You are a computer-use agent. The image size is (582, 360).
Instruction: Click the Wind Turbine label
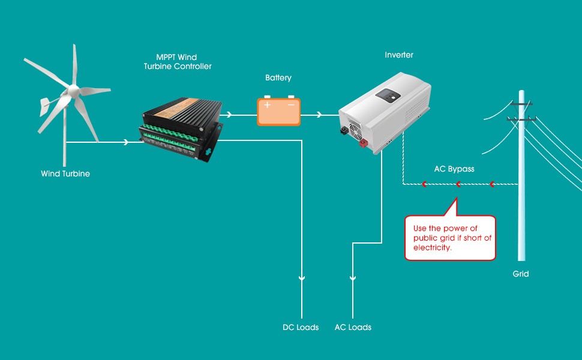coord(65,174)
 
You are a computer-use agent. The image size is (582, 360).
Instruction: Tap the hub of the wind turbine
coord(73,92)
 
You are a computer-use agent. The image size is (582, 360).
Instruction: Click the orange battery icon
coord(279,111)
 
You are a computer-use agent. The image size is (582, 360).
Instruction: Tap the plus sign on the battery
coord(268,105)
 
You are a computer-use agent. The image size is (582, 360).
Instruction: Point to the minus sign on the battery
coord(291,105)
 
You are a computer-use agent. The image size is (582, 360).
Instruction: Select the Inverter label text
coord(399,55)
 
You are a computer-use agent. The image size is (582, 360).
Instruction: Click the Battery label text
coord(278,78)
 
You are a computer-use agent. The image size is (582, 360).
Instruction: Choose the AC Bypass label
coord(454,169)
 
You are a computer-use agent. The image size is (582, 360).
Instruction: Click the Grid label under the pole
coord(521,274)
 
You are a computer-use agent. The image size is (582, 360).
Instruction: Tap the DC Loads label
coord(301,328)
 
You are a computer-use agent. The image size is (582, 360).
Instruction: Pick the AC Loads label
coord(353,328)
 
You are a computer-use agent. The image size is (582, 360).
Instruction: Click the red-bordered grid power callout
coord(450,237)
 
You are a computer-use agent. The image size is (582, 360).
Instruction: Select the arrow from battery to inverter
coord(319,114)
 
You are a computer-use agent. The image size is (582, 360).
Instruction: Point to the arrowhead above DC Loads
coord(302,279)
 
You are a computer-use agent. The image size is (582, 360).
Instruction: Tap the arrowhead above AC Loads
coord(353,279)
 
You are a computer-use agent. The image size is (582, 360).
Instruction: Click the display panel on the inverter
coord(385,95)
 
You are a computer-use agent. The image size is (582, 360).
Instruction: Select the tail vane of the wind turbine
coord(46,107)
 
